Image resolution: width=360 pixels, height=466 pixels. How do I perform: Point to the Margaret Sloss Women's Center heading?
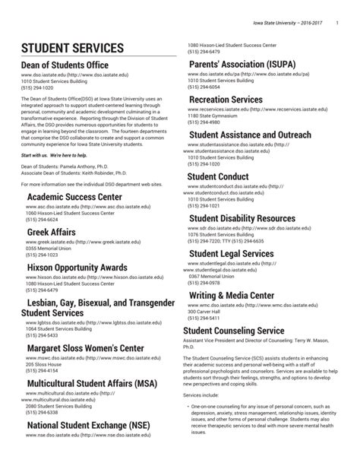85,348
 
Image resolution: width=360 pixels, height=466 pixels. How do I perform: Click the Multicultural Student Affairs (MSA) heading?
92,383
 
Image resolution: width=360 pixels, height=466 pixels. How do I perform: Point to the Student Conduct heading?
218,176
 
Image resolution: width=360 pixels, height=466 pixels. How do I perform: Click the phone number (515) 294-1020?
38,87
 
